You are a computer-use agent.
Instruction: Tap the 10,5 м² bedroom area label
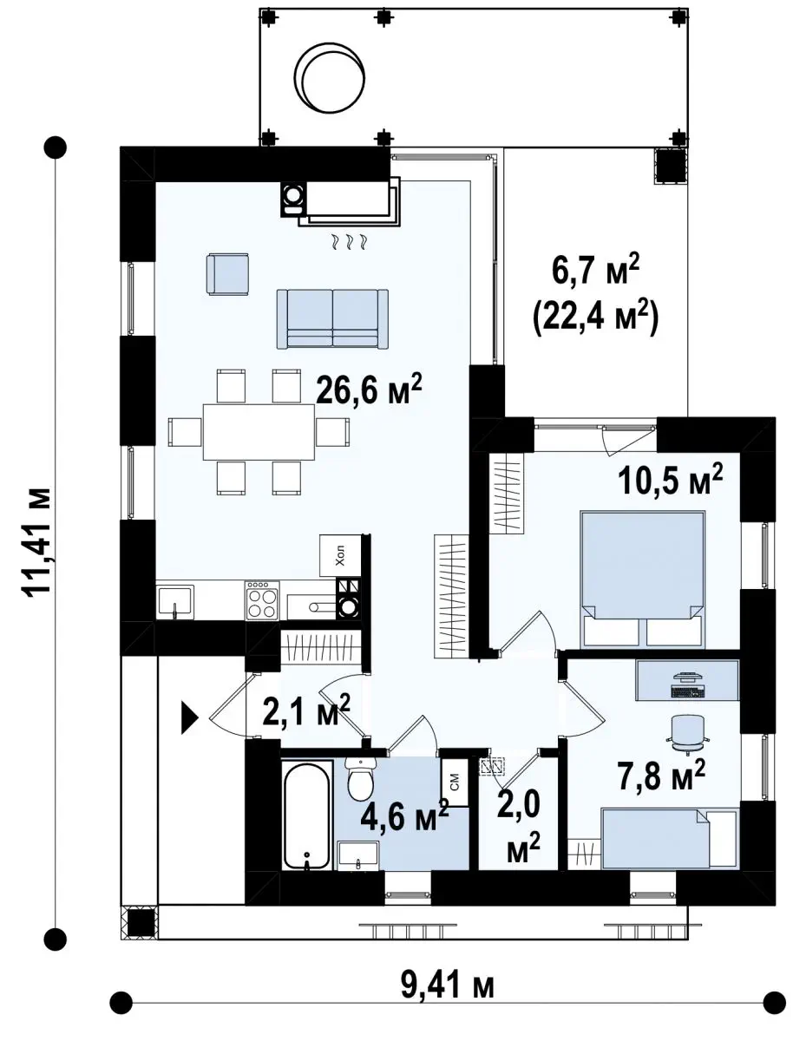670,480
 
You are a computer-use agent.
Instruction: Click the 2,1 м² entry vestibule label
306,710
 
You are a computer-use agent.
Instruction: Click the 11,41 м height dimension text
36,527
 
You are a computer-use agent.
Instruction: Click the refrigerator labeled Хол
340,556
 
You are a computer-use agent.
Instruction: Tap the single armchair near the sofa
227,275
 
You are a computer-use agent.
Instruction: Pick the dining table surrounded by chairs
259,431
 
